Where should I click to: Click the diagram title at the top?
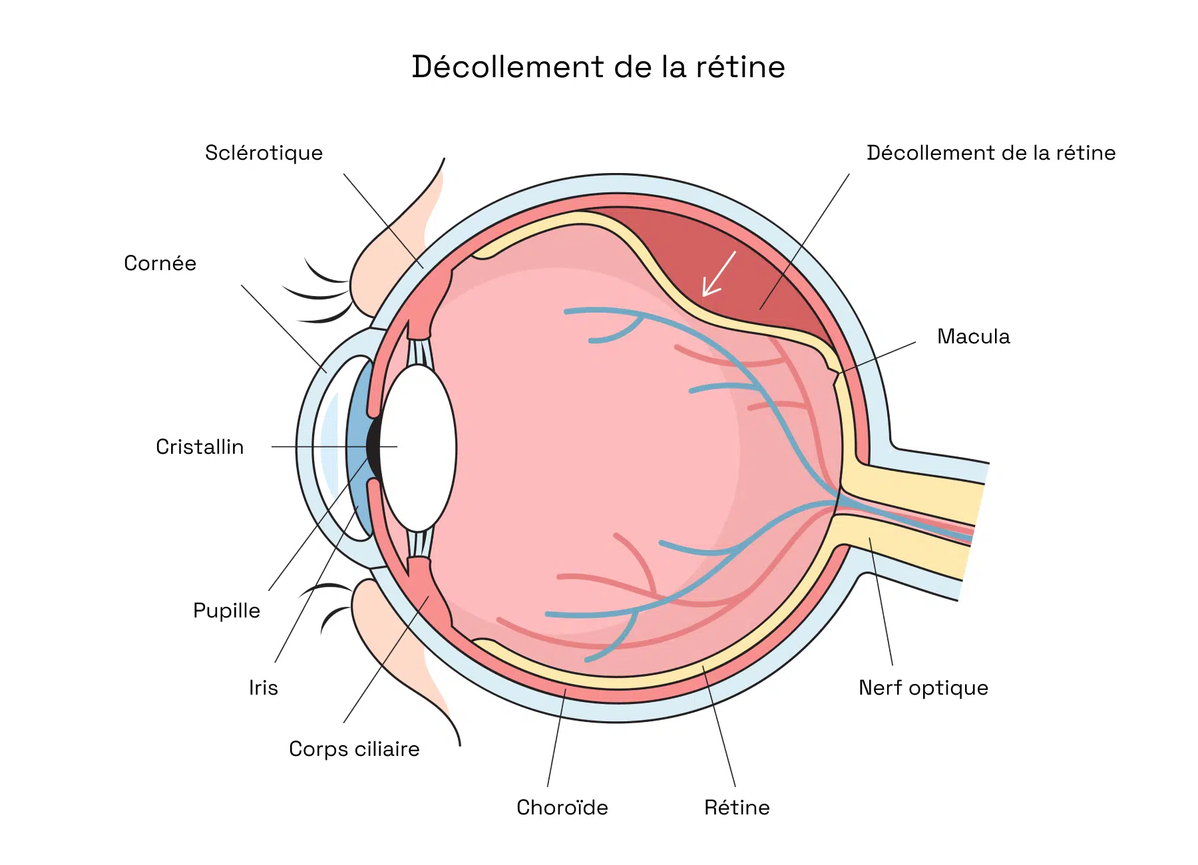(x=598, y=67)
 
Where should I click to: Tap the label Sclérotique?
(x=264, y=153)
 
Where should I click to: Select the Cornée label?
(x=160, y=263)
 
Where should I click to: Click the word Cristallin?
(x=200, y=447)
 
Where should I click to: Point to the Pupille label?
(x=226, y=611)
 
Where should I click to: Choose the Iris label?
(x=263, y=688)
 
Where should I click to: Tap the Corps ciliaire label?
(x=354, y=749)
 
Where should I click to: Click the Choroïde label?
(x=562, y=808)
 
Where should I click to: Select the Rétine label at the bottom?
(x=737, y=808)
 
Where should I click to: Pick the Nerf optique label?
(x=923, y=688)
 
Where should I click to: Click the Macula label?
(x=973, y=337)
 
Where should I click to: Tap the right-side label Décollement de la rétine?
(x=990, y=153)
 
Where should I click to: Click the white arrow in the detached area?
(x=718, y=274)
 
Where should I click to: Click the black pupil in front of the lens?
(x=373, y=447)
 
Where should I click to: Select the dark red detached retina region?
(x=752, y=266)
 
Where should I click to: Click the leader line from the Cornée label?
(x=283, y=328)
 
